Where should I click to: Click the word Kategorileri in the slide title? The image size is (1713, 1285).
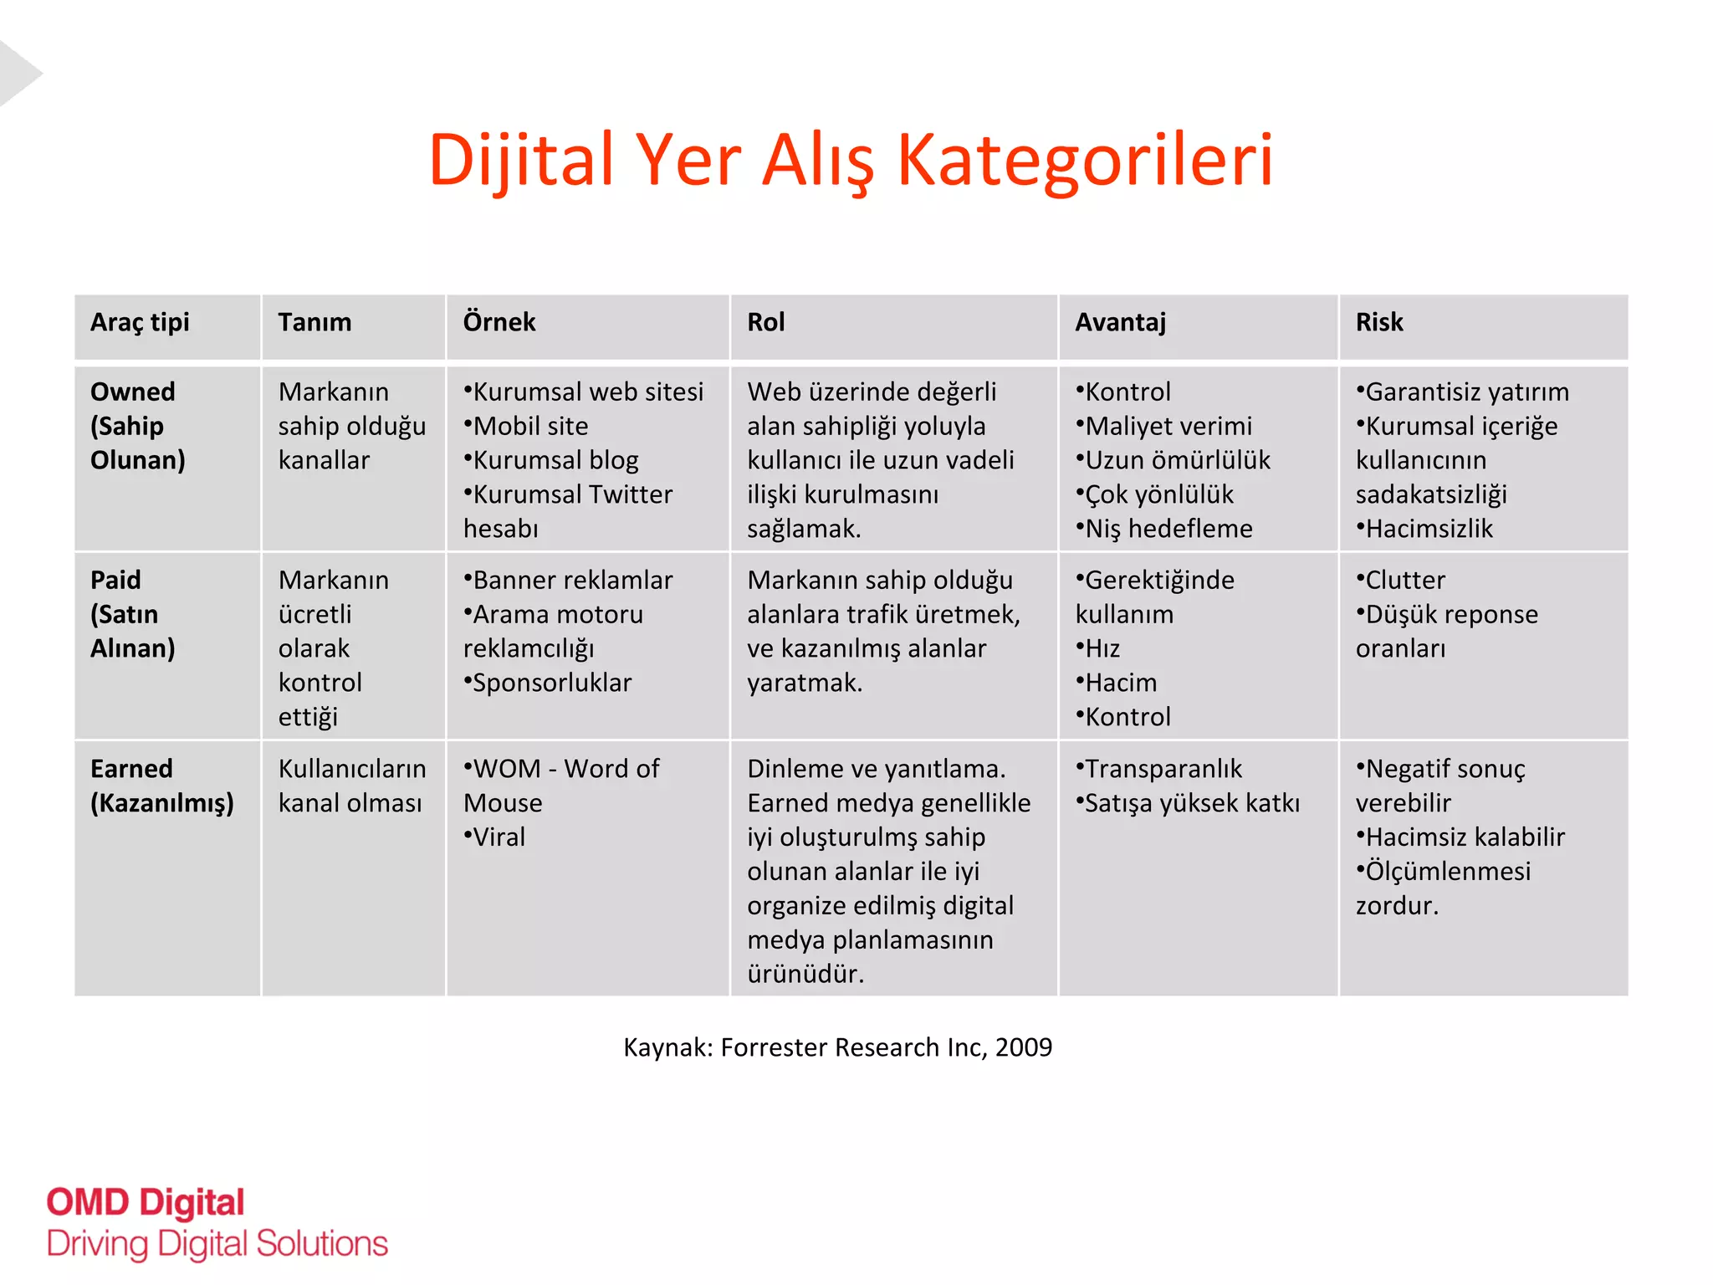pos(1085,159)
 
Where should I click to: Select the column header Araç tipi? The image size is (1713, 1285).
pos(140,322)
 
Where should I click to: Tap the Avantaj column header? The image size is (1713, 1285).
pos(1120,322)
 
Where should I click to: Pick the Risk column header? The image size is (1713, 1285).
pos(1378,322)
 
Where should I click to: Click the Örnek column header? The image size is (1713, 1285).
pos(499,322)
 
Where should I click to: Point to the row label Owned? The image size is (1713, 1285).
pos(132,392)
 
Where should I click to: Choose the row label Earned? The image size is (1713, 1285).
pos(131,769)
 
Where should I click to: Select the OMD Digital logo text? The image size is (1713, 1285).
pos(146,1203)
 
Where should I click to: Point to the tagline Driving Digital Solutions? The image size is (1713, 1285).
pos(217,1244)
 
